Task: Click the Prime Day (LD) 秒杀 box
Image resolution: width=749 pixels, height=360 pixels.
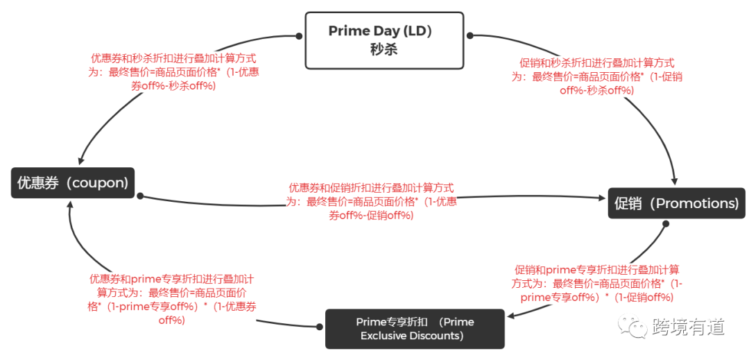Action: (x=384, y=40)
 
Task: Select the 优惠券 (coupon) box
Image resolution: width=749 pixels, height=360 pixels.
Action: (x=73, y=182)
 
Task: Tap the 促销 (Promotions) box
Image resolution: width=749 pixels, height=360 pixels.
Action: (x=676, y=203)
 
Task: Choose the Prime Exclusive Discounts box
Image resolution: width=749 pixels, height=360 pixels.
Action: (x=415, y=329)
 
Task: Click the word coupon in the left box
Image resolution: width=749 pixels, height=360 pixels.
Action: (x=99, y=183)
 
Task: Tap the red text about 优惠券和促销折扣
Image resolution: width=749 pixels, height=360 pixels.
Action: (x=371, y=201)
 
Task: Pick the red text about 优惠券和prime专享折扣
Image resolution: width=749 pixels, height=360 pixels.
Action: (x=171, y=299)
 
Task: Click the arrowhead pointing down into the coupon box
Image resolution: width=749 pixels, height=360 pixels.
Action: (x=82, y=160)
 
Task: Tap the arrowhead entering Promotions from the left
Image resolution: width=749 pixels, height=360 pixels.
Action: (x=601, y=197)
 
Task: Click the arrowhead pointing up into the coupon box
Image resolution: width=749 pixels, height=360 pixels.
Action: (x=69, y=204)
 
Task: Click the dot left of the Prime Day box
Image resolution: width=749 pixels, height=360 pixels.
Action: (x=298, y=36)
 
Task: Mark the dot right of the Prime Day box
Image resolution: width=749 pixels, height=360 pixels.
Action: (x=470, y=35)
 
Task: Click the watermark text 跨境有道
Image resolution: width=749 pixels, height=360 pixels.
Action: (x=689, y=327)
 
